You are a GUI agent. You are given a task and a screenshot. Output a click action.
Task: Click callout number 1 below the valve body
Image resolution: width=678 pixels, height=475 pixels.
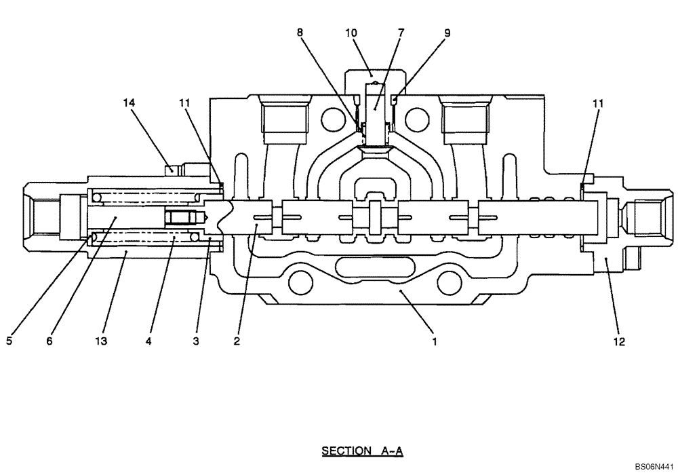click(x=434, y=342)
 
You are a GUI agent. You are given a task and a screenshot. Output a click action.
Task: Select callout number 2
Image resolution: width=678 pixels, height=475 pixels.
click(x=237, y=342)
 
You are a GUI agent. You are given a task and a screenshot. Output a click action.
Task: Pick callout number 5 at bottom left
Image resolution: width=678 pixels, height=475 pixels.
click(x=9, y=342)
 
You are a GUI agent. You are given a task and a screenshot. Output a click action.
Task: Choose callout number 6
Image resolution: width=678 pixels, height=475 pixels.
click(x=49, y=342)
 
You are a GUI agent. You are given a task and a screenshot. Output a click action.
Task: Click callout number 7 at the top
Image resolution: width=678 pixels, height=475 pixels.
click(x=401, y=32)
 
